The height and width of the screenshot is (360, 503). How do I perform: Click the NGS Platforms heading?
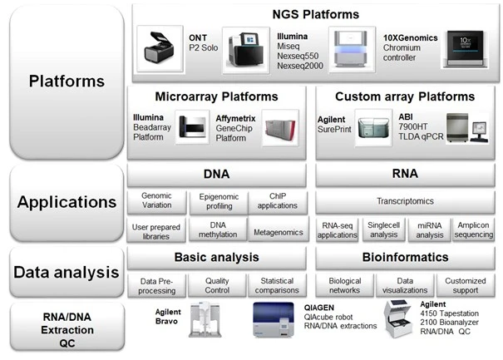tap(316, 14)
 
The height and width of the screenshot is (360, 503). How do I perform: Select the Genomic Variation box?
tap(157, 201)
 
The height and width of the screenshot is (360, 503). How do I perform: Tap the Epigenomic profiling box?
tap(217, 201)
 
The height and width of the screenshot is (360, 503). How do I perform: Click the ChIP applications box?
tap(276, 201)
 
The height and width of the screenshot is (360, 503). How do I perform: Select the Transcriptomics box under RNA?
tap(406, 201)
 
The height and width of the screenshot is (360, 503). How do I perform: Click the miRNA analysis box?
tap(429, 229)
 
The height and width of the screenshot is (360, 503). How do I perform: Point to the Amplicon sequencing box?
tap(475, 229)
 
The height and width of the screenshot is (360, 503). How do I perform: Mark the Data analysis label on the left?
tap(66, 272)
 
